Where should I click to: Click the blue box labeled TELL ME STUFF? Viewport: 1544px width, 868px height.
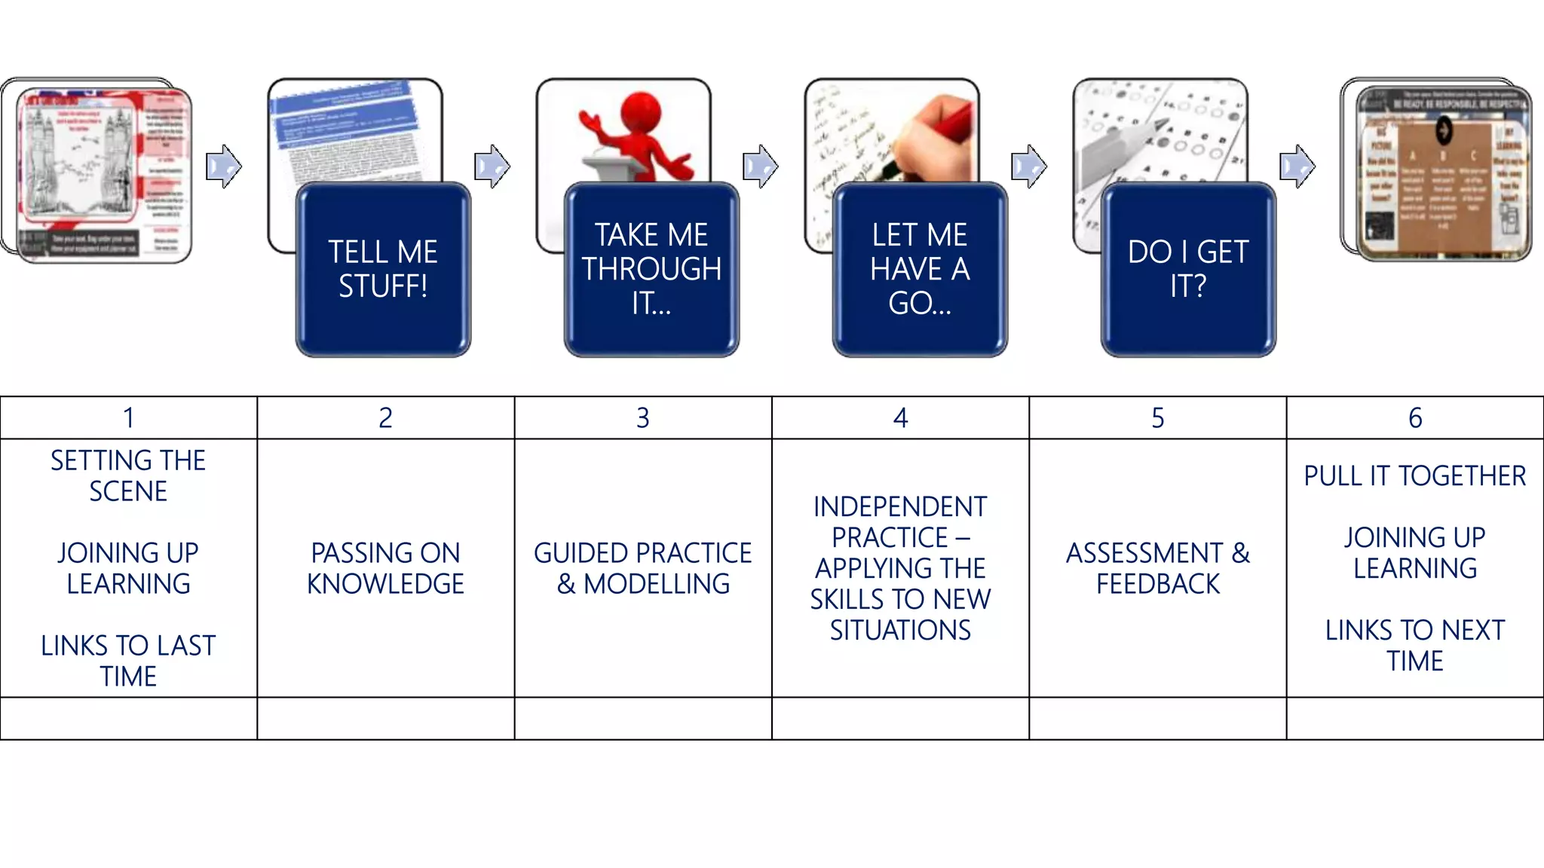383,269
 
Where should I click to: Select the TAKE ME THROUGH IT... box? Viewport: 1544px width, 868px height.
651,269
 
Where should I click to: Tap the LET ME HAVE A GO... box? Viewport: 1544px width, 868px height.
920,269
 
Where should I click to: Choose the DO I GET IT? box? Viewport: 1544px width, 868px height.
1188,269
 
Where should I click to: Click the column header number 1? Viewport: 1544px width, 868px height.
129,418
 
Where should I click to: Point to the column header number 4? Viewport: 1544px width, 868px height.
900,418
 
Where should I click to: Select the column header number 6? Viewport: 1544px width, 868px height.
1415,418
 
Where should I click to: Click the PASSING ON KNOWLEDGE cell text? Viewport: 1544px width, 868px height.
385,568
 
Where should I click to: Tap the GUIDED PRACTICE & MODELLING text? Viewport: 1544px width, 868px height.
643,568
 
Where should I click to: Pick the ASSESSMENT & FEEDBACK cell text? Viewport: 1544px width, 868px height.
1158,568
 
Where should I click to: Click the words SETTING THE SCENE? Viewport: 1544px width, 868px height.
128,475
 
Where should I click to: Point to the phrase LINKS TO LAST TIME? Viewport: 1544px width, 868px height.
128,661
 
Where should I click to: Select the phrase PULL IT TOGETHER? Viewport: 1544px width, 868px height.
1415,476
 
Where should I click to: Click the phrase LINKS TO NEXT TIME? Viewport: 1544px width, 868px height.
1415,645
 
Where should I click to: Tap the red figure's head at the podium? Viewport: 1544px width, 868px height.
640,114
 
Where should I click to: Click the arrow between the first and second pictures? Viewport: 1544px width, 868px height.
224,166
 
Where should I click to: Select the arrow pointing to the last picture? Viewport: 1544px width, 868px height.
1297,166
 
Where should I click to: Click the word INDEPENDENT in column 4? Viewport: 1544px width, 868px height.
900,507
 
